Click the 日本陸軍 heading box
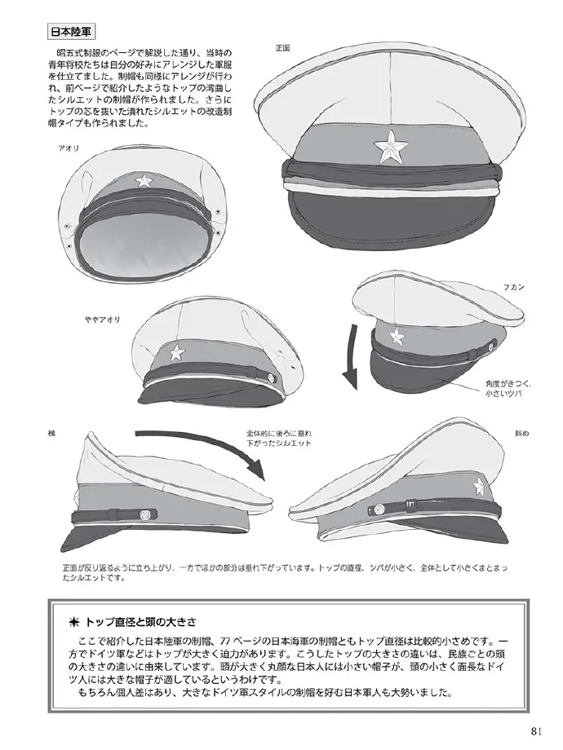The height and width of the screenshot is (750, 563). tap(72, 32)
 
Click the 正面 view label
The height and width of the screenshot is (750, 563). tap(282, 48)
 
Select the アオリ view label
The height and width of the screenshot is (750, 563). tap(69, 148)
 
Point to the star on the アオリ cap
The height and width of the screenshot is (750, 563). tap(143, 180)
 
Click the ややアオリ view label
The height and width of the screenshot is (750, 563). tap(103, 320)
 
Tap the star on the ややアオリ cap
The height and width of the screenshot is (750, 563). tap(176, 352)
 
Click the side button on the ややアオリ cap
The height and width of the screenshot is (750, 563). tap(273, 378)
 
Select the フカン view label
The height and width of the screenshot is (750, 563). tap(513, 288)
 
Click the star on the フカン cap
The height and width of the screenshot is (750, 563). tap(397, 336)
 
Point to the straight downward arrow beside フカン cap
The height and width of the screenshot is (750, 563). tap(352, 357)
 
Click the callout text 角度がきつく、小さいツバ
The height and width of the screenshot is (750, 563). tap(508, 389)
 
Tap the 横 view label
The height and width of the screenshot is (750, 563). tap(51, 434)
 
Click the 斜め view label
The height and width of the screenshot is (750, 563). tap(522, 434)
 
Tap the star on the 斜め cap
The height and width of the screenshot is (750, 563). tap(479, 487)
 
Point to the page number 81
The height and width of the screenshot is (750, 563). tap(536, 731)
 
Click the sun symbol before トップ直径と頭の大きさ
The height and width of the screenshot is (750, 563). tap(74, 623)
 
